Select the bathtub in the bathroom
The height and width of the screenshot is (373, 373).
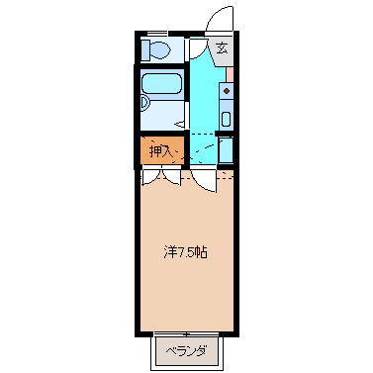tap(161, 86)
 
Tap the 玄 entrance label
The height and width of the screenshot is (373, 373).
tap(222, 47)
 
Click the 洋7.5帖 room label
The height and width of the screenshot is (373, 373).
tap(185, 252)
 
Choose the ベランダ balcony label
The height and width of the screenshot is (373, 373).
tap(186, 350)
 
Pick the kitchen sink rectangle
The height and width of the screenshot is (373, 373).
tap(226, 119)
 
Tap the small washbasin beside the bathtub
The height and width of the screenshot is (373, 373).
tap(144, 101)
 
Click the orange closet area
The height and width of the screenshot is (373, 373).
tap(159, 151)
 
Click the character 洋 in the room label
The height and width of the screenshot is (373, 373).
tap(169, 252)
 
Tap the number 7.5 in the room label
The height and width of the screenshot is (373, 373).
tap(185, 252)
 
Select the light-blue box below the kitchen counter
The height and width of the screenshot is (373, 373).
tap(226, 150)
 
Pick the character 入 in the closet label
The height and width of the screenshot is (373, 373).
tap(167, 151)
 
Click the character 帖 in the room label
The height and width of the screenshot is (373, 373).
tap(201, 252)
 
